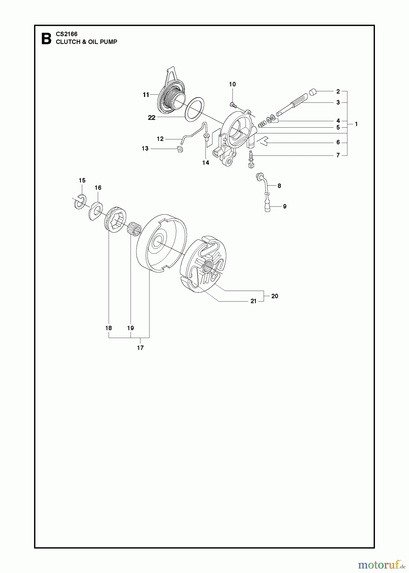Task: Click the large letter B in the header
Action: pyautogui.click(x=47, y=39)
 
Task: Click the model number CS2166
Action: pyautogui.click(x=67, y=34)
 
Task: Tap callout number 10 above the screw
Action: pyautogui.click(x=233, y=84)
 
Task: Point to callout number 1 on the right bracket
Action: pyautogui.click(x=356, y=124)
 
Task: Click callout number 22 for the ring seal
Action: pyautogui.click(x=152, y=118)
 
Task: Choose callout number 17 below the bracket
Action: pyautogui.click(x=140, y=348)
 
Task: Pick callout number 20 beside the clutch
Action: pyautogui.click(x=275, y=296)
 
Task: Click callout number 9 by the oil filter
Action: pyautogui.click(x=284, y=207)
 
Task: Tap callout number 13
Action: pyautogui.click(x=145, y=149)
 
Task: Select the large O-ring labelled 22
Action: pyautogui.click(x=195, y=109)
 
